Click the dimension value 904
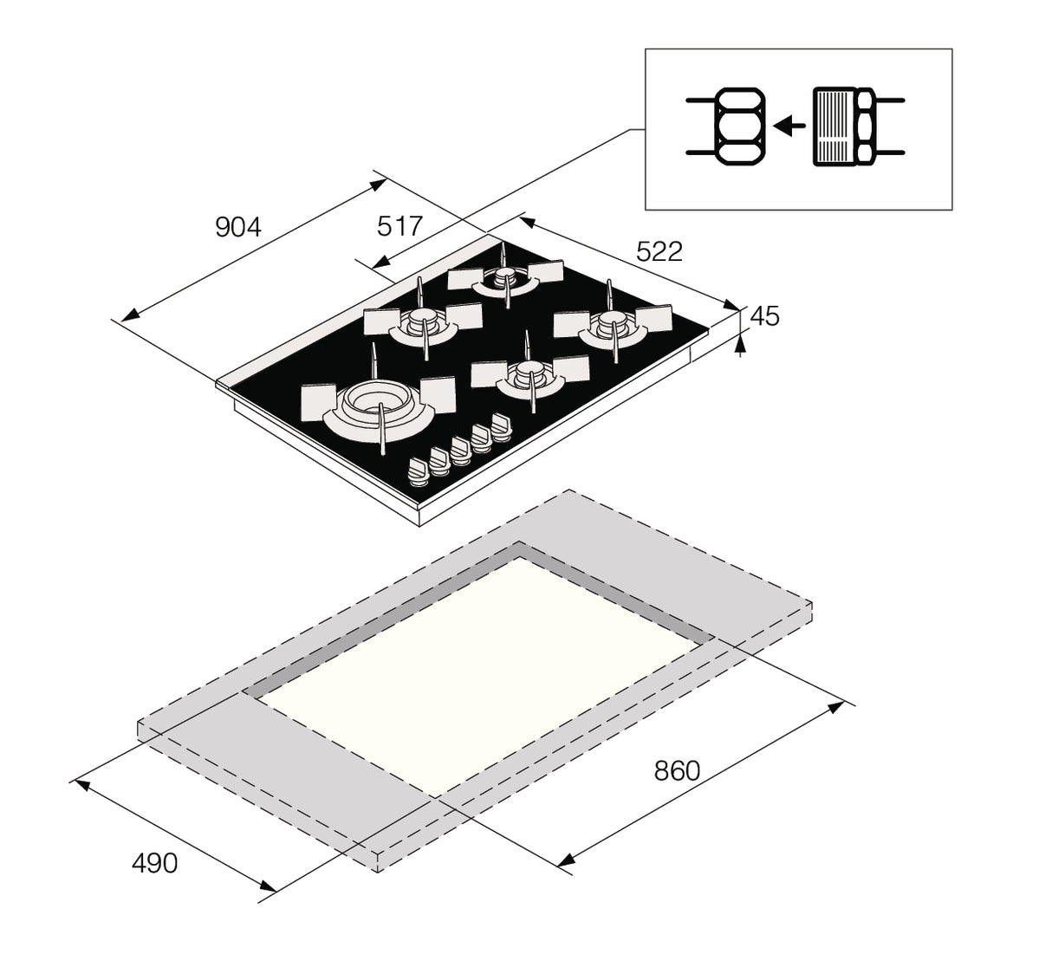(237, 227)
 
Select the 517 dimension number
(399, 226)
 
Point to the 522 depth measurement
(659, 251)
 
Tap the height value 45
(763, 316)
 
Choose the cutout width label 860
(677, 769)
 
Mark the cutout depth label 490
(154, 863)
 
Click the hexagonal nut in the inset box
(738, 127)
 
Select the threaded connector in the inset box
(834, 127)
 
